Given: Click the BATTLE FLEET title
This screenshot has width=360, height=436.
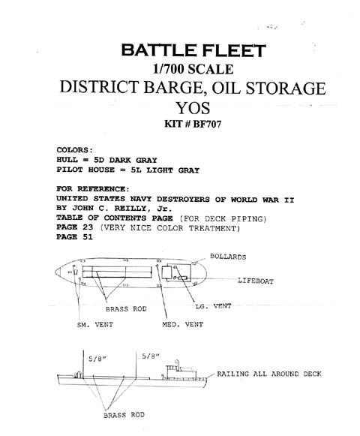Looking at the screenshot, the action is coord(193,50).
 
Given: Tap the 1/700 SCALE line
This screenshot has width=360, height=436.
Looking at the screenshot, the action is coord(193,69).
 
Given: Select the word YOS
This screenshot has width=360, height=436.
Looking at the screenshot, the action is coord(193,108).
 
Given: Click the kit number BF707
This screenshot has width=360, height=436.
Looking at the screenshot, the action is coord(207,124).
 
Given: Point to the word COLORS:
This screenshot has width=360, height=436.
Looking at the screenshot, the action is coord(74,150).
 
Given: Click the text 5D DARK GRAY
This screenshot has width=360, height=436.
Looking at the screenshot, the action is coord(125,160).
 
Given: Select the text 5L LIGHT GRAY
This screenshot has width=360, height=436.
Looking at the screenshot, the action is coord(165,170).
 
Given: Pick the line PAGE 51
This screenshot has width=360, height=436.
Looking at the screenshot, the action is coord(74,237).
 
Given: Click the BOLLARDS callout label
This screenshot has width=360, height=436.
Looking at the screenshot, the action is coord(228,257).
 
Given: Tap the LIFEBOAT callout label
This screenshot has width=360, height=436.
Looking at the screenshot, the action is coord(256,281).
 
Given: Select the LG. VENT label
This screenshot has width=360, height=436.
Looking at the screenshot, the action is coord(214,306).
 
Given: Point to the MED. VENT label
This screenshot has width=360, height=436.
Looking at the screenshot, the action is coord(183,324).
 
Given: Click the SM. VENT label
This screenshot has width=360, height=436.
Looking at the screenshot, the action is coord(94,324).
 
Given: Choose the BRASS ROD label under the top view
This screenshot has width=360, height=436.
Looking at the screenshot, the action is coord(126,309).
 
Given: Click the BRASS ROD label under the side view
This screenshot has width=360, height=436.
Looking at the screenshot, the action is coord(124,415).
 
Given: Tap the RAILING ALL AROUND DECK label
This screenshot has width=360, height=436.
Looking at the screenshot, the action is coord(269,374).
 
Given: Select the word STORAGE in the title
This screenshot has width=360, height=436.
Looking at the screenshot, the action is coord(286,88).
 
